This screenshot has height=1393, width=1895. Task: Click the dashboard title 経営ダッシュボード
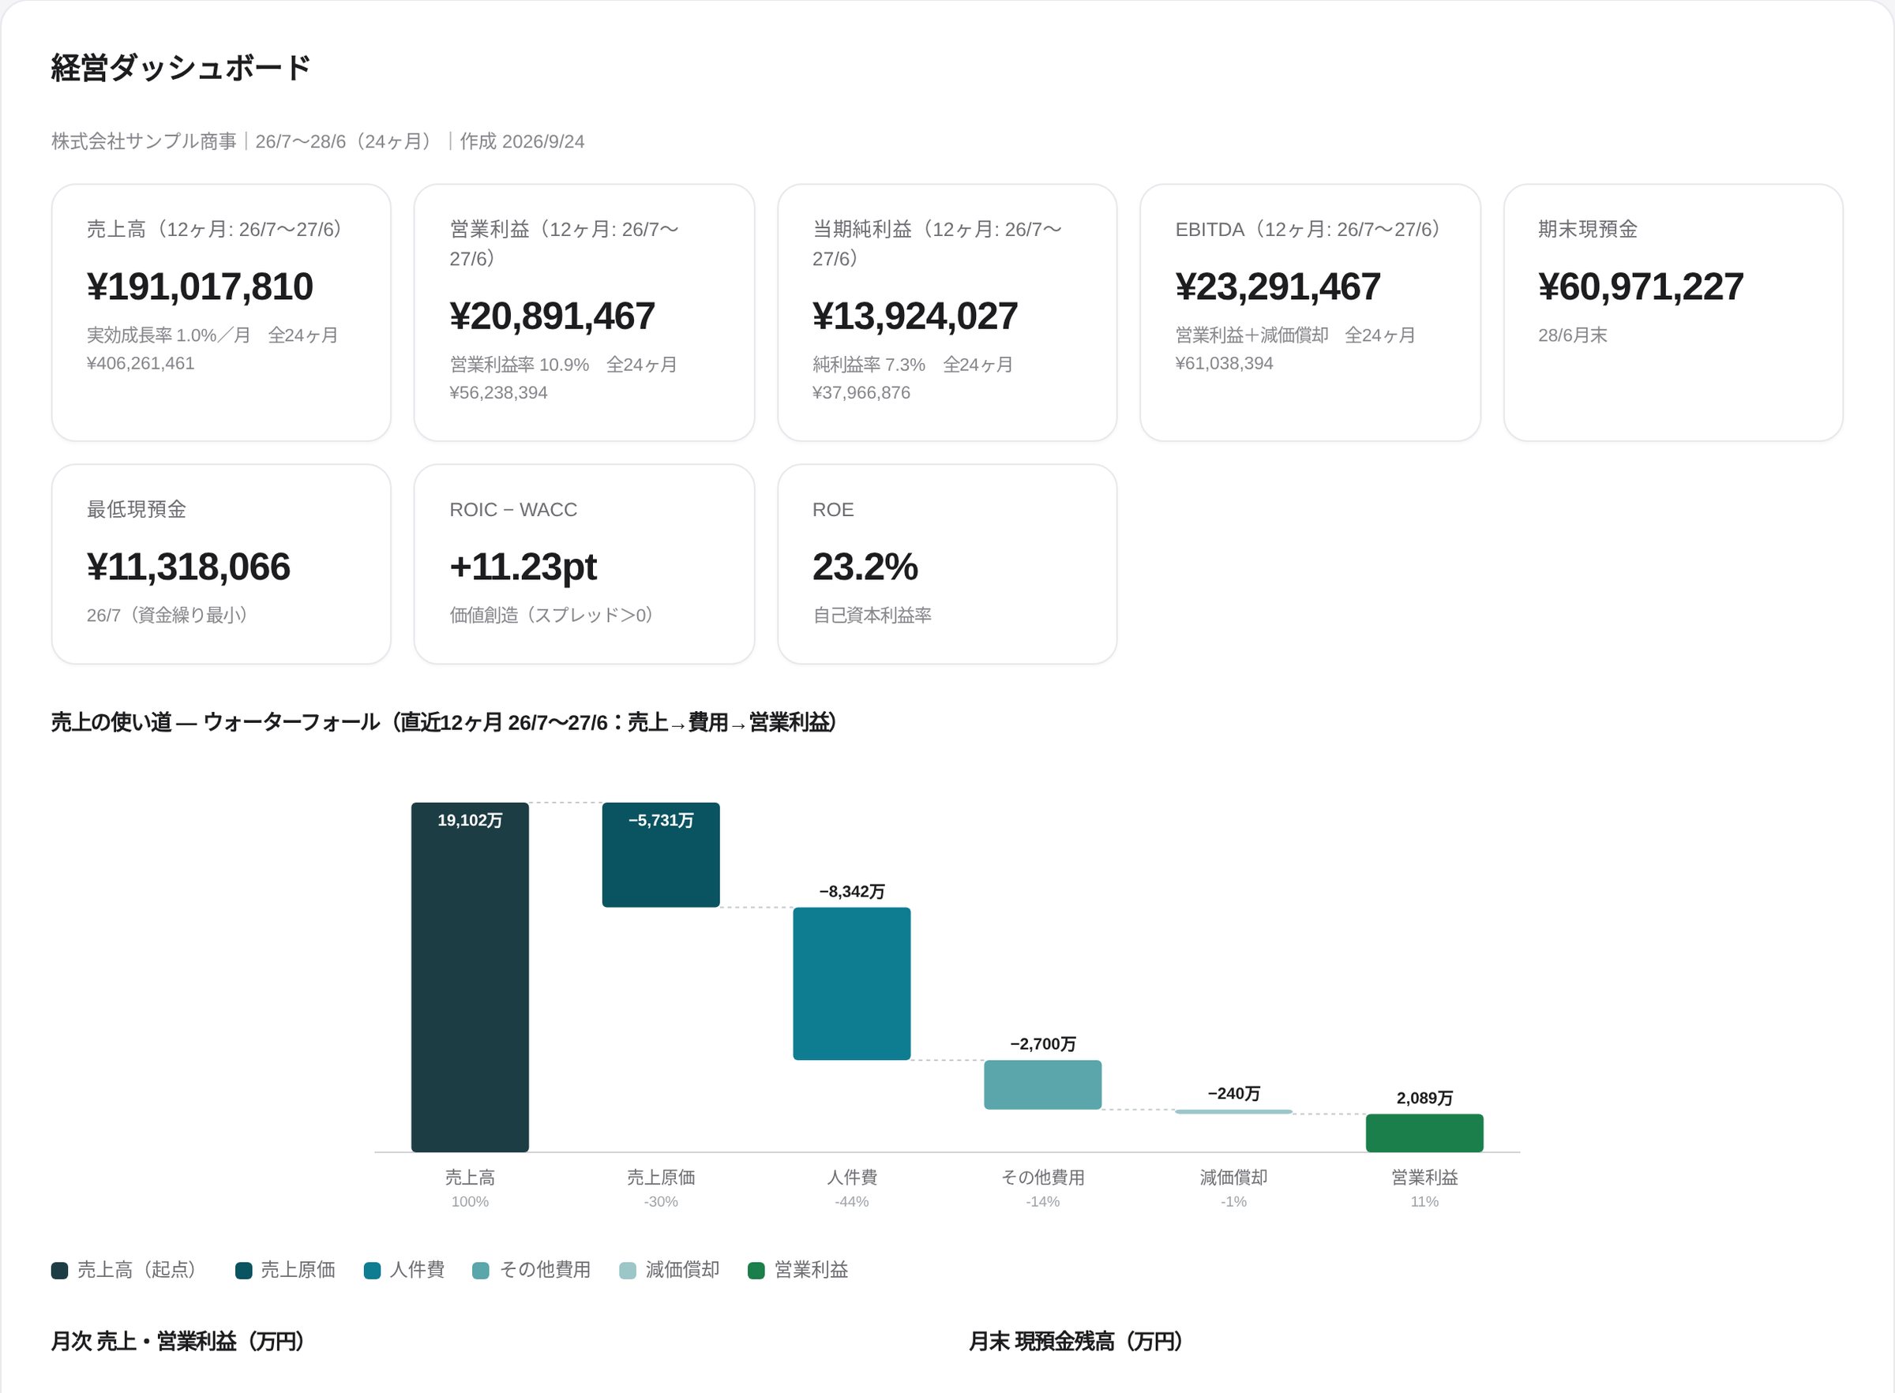(182, 67)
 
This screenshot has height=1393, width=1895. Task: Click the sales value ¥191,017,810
(200, 286)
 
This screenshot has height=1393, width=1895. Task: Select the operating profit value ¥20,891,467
(553, 316)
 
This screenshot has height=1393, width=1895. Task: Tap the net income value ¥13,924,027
(915, 316)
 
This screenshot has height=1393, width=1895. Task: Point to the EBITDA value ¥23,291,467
(1278, 286)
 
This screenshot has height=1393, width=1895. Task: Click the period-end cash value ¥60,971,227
(1640, 286)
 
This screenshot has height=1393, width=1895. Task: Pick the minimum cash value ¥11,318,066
(188, 567)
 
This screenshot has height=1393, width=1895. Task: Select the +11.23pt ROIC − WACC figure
(523, 567)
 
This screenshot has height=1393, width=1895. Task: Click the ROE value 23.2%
(865, 567)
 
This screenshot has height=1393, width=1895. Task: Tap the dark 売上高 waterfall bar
(470, 977)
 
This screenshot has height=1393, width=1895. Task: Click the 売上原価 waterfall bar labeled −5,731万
(661, 855)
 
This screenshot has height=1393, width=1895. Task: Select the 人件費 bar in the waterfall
(852, 983)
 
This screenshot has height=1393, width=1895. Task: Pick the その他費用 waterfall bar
(1042, 1084)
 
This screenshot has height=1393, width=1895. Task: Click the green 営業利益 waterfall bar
(1424, 1133)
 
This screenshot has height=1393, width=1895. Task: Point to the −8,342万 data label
(852, 891)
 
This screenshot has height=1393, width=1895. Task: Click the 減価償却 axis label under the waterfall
(1234, 1177)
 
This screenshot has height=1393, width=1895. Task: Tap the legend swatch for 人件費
(372, 1270)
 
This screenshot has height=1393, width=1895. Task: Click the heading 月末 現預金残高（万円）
(1076, 1341)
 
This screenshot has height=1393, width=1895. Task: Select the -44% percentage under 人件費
(852, 1201)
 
